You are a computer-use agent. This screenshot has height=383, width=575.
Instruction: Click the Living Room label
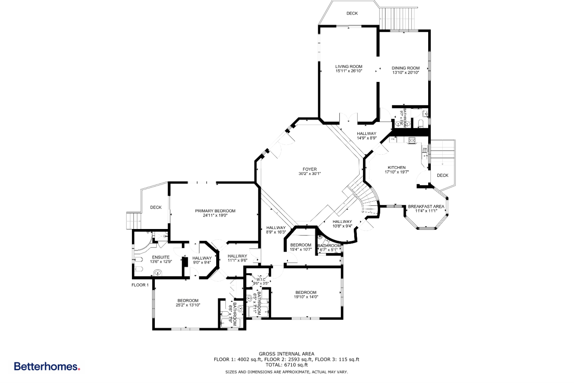tap(348, 67)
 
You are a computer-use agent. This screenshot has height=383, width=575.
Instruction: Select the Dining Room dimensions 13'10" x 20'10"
tap(406, 72)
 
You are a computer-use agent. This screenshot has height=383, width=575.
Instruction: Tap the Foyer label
tap(309, 169)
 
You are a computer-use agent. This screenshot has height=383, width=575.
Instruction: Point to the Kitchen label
tap(396, 168)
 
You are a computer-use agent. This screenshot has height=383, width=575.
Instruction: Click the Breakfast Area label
tap(426, 206)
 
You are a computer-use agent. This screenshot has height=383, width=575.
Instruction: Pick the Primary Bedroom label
tap(215, 211)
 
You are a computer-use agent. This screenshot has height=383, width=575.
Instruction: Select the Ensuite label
tap(161, 257)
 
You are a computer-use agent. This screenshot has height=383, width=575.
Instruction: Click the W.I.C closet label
tap(261, 280)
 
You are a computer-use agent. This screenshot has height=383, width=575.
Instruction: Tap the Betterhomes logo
tap(47, 367)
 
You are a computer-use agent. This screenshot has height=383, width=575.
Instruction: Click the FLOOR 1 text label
tap(140, 285)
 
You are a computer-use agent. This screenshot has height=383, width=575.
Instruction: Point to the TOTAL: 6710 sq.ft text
tap(286, 365)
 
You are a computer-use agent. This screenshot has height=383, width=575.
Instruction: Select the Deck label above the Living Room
tap(352, 13)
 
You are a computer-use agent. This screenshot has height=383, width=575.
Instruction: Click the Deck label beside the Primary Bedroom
tap(156, 208)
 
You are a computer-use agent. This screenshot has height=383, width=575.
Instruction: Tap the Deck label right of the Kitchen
tap(442, 175)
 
